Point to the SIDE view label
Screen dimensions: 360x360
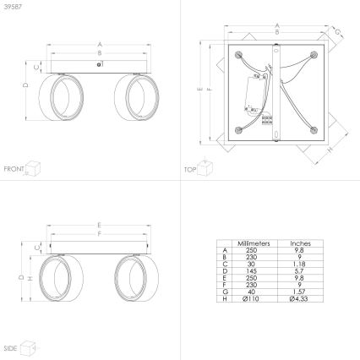(x=11, y=348)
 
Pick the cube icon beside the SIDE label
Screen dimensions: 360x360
(x=29, y=346)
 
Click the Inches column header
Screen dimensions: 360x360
(x=300, y=243)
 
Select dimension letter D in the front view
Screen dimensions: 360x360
(x=25, y=86)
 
